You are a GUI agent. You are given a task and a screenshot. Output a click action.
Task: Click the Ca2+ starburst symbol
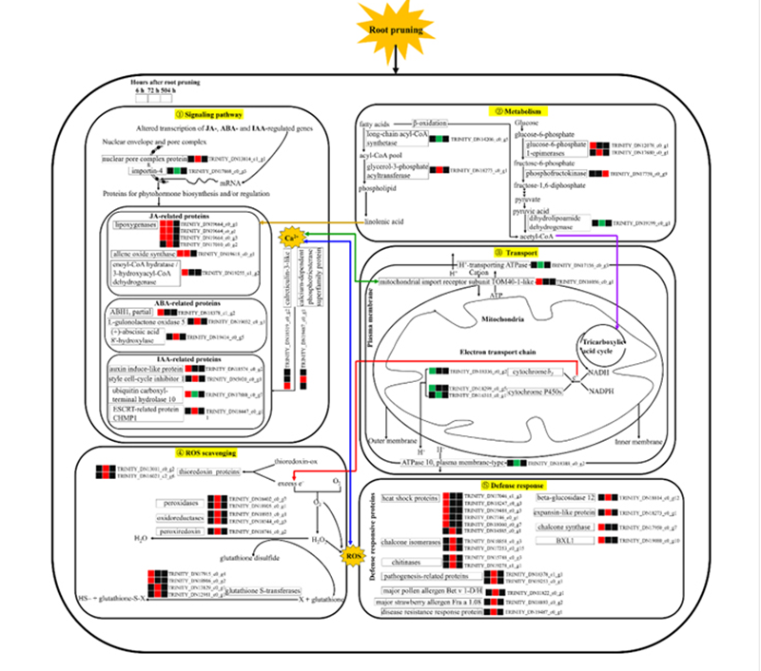point(291,237)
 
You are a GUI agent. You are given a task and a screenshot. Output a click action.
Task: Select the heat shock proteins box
point(409,498)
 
